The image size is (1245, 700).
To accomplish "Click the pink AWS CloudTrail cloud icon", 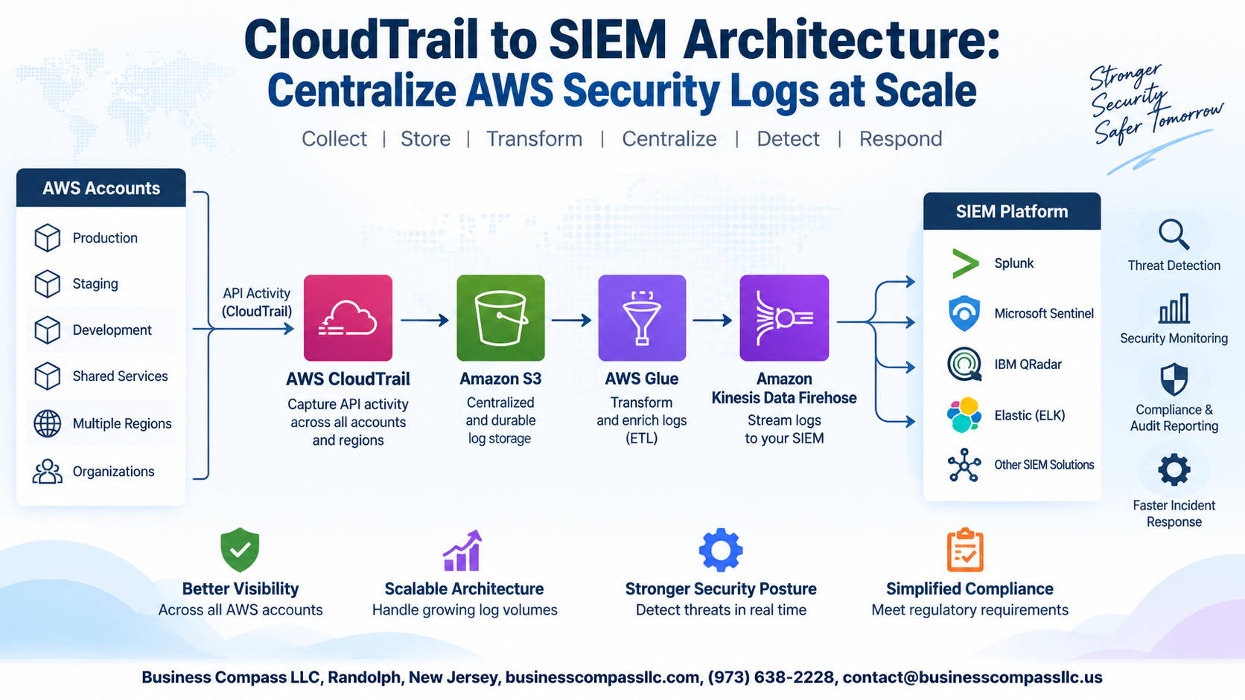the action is click(348, 318).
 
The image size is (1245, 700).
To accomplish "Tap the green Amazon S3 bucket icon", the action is click(500, 318).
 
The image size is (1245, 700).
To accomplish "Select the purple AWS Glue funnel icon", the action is click(642, 318).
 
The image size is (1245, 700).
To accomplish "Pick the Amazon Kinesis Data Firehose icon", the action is click(784, 318).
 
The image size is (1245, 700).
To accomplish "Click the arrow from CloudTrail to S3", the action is click(424, 321).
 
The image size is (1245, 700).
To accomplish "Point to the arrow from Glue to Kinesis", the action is click(713, 321).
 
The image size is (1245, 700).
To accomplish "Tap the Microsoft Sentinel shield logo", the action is click(964, 313).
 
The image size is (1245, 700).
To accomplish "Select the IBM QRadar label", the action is click(1028, 365).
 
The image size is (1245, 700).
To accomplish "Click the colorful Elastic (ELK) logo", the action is click(964, 414).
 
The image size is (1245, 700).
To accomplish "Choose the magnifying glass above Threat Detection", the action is click(1174, 234).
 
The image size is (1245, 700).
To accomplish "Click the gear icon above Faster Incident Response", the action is click(1174, 469).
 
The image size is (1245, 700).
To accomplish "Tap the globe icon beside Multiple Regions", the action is click(47, 423).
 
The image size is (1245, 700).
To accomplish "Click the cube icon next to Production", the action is click(47, 237).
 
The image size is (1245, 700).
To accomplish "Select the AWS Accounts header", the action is click(101, 187).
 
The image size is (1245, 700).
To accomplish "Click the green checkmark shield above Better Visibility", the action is click(240, 550).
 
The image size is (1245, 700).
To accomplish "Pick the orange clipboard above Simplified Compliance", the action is click(965, 550).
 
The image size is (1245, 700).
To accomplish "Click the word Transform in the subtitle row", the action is click(534, 139).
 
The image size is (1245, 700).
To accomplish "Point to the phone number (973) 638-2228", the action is click(771, 677).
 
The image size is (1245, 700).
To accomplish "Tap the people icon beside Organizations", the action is click(47, 472).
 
